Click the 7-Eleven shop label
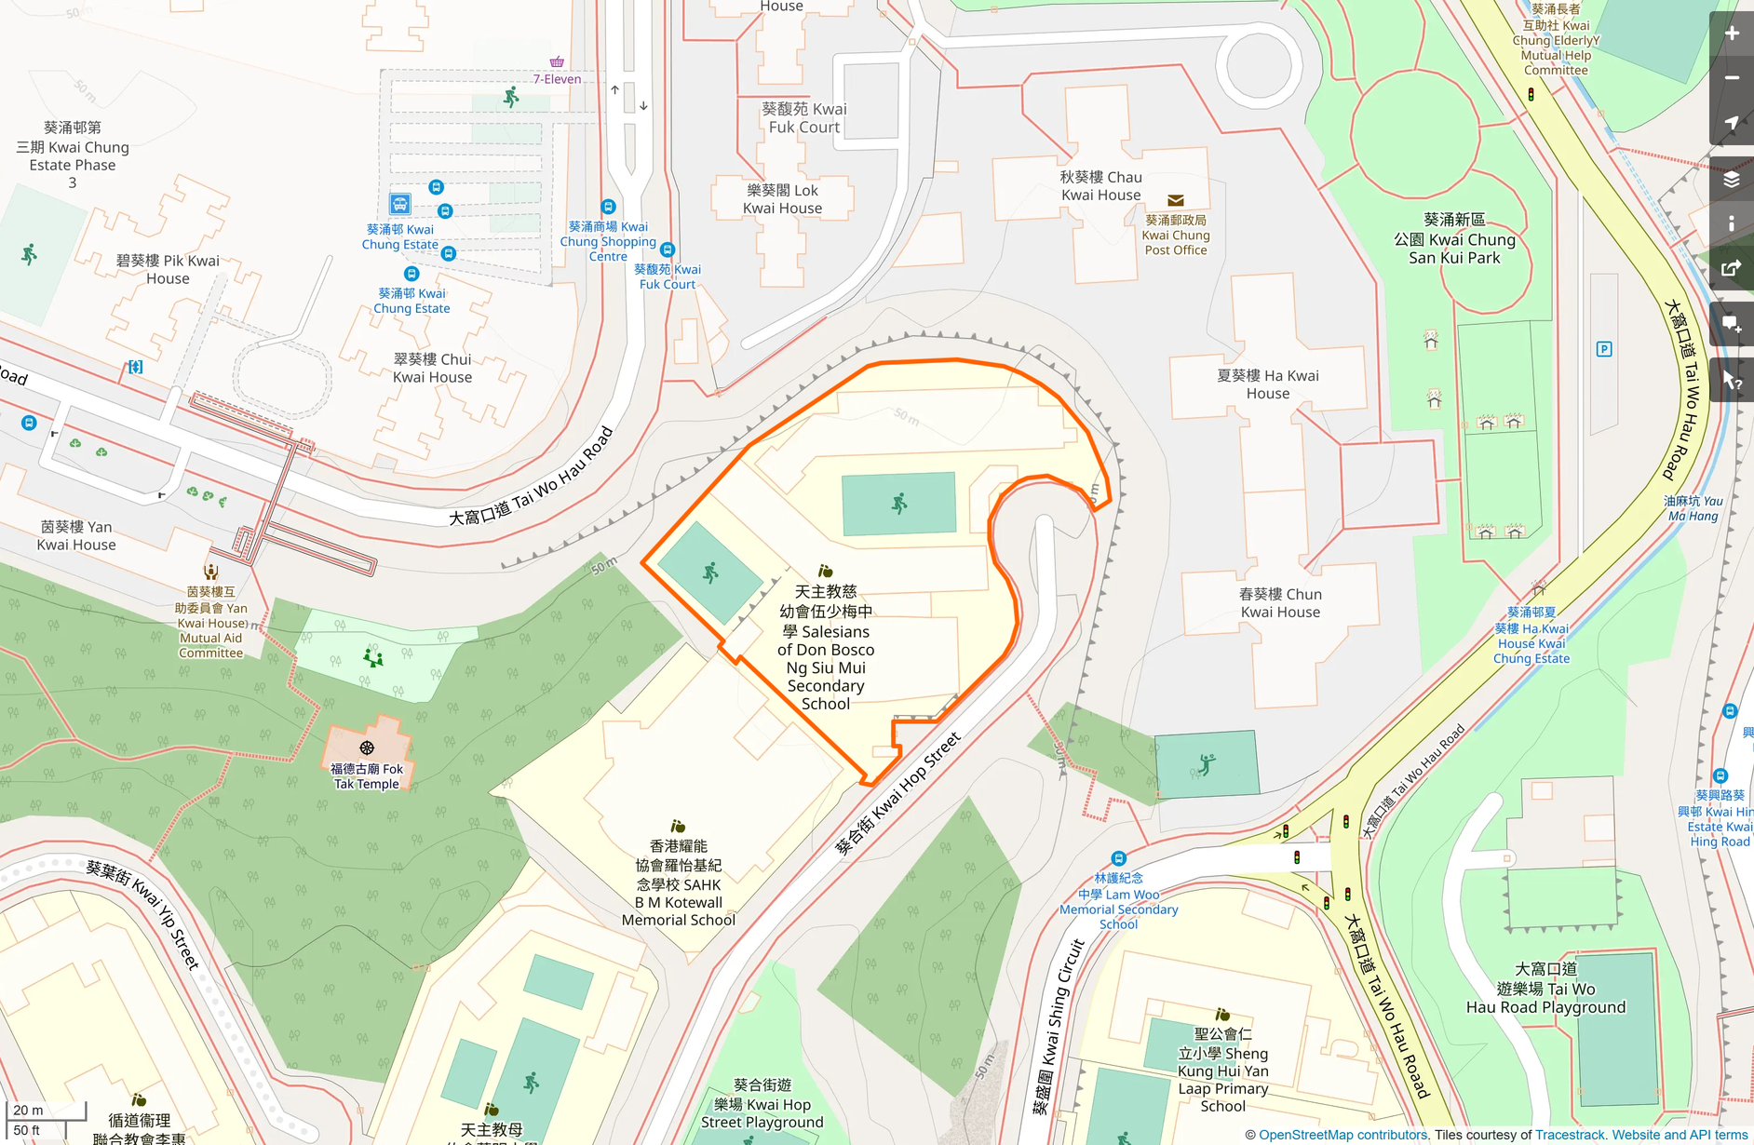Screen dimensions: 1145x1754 click(x=557, y=79)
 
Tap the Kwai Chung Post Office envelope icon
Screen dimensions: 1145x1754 click(x=1176, y=200)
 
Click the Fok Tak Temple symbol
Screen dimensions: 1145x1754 click(x=367, y=748)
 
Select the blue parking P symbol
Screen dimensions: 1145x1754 click(x=1604, y=349)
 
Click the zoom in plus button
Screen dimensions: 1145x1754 click(x=1732, y=34)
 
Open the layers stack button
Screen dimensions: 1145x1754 click(x=1732, y=179)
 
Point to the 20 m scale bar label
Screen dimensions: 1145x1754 click(x=28, y=1110)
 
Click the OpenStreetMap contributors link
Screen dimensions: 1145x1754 click(x=1342, y=1135)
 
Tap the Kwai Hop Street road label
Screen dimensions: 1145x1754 click(x=897, y=794)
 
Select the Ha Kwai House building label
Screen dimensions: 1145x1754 click(x=1267, y=384)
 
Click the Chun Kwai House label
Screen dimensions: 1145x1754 click(x=1280, y=602)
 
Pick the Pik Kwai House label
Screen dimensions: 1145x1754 click(x=168, y=269)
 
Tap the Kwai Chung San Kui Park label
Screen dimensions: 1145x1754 click(x=1454, y=238)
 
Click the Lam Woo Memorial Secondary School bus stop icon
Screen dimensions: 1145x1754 click(x=1118, y=858)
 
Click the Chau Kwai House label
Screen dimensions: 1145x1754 click(x=1100, y=185)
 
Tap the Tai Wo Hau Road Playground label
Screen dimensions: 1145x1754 click(x=1545, y=988)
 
